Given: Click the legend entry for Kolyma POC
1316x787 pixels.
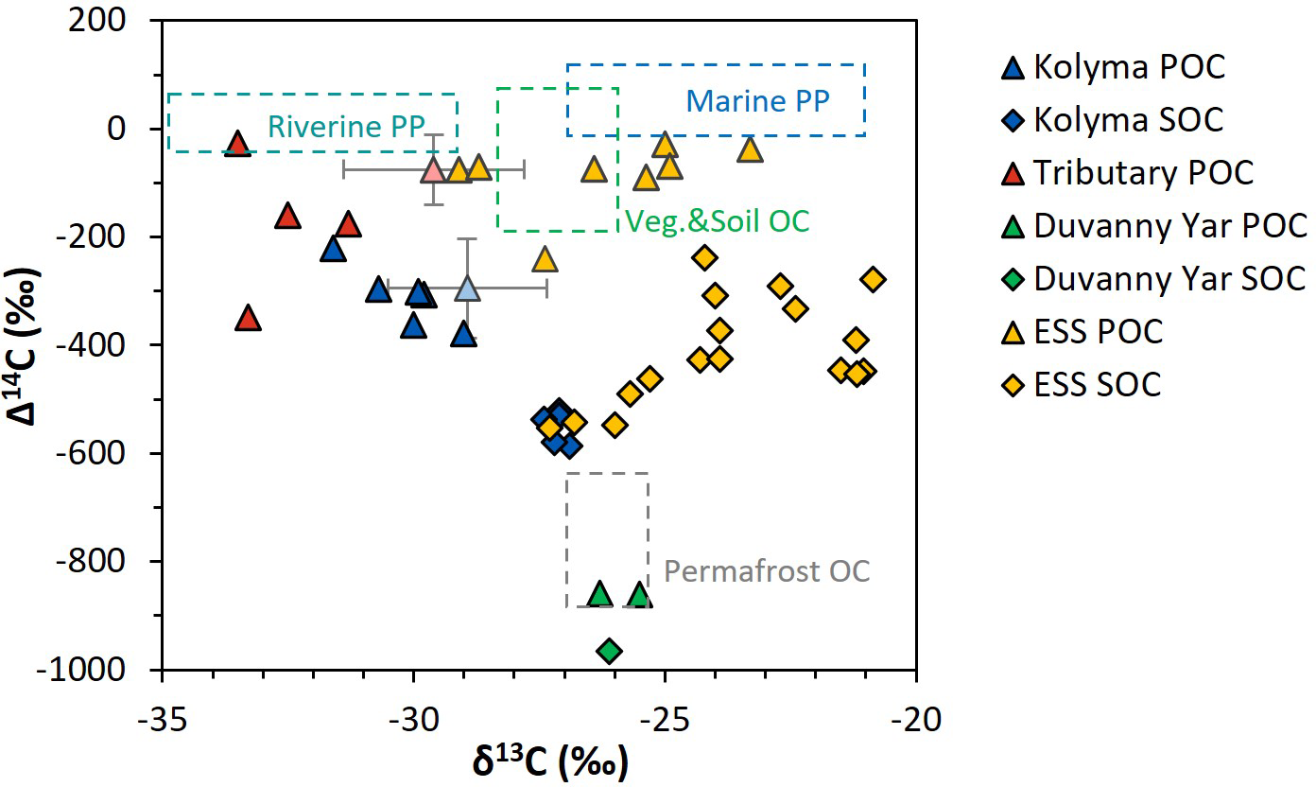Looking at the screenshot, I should pos(1130,67).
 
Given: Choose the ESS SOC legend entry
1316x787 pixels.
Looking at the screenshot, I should pos(1098,385).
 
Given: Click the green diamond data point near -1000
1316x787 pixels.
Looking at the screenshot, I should pos(610,651).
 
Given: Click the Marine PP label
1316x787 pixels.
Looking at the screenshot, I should pos(757,101).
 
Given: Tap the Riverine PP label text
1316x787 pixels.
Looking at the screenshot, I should pos(345,126).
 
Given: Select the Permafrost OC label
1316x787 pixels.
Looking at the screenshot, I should pos(766,571).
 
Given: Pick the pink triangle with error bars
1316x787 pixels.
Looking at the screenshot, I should pos(433,171).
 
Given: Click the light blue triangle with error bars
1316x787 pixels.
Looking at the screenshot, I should pos(467,288).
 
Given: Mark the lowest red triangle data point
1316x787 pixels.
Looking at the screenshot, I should pos(248,318).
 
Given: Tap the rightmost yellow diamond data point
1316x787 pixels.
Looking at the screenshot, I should pos(873,279).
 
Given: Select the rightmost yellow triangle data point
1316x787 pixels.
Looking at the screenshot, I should pos(750,149).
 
